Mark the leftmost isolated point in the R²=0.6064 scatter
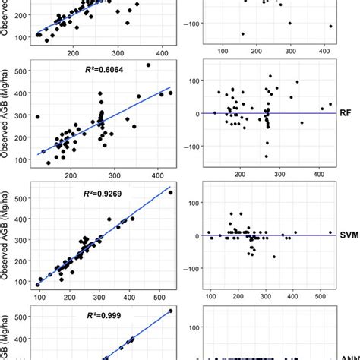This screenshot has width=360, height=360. [37, 117]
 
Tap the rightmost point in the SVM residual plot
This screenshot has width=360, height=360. [330, 232]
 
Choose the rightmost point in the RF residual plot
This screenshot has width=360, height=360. [330, 104]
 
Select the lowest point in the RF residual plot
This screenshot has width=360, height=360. [267, 156]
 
